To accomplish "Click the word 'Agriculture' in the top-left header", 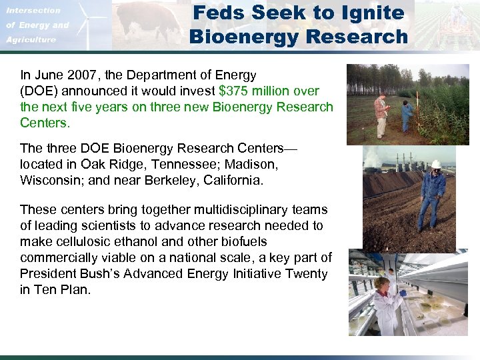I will click(x=31, y=40).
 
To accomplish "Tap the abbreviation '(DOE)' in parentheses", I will click(x=41, y=91).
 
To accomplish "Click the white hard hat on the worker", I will click(x=436, y=164).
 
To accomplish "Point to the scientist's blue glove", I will click(x=403, y=293).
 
